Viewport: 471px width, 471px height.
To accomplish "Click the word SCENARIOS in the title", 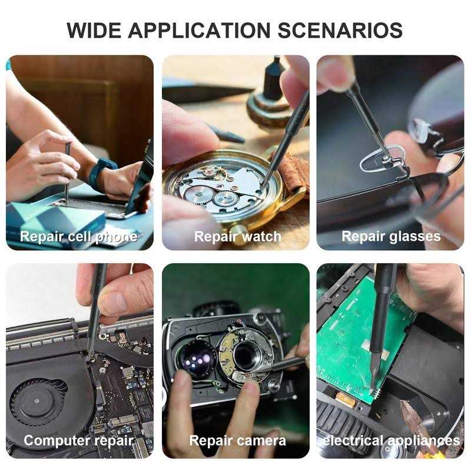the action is tap(340, 31).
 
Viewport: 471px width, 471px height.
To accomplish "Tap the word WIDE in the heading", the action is tap(94, 31).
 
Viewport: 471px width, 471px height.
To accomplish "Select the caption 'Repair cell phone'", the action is tap(79, 237).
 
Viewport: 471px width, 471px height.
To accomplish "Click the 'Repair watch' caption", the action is tap(238, 237).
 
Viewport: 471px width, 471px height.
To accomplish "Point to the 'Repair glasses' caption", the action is tap(391, 237).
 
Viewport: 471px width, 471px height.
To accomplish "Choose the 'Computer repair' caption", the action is tap(79, 441).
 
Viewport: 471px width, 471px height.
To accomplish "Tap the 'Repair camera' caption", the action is tap(238, 441).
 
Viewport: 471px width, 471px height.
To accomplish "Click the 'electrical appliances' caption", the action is tap(391, 441).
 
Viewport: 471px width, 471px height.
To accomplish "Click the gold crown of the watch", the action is tap(240, 231).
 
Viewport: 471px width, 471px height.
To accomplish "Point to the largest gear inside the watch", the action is tap(199, 195).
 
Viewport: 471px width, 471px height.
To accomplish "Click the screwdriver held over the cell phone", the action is tap(67, 174).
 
